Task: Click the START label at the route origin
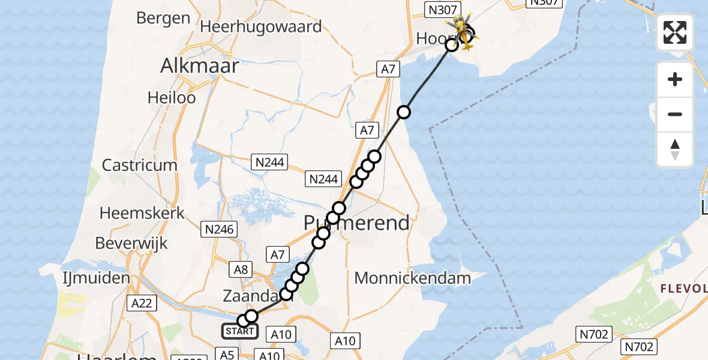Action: (x=240, y=331)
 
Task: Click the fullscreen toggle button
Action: (x=675, y=32)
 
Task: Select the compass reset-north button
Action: (x=675, y=149)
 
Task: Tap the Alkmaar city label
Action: (x=199, y=66)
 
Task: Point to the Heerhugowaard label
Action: (x=260, y=26)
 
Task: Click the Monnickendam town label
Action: (x=412, y=278)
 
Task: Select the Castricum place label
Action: (x=140, y=165)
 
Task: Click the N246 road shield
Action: (x=220, y=229)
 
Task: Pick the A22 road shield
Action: (x=142, y=304)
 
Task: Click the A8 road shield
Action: (x=241, y=270)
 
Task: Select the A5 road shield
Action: (x=227, y=355)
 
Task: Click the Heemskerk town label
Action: (x=142, y=213)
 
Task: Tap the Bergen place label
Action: (x=163, y=18)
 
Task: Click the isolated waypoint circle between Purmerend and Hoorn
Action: (x=404, y=112)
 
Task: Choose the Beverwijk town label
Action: (x=131, y=244)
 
